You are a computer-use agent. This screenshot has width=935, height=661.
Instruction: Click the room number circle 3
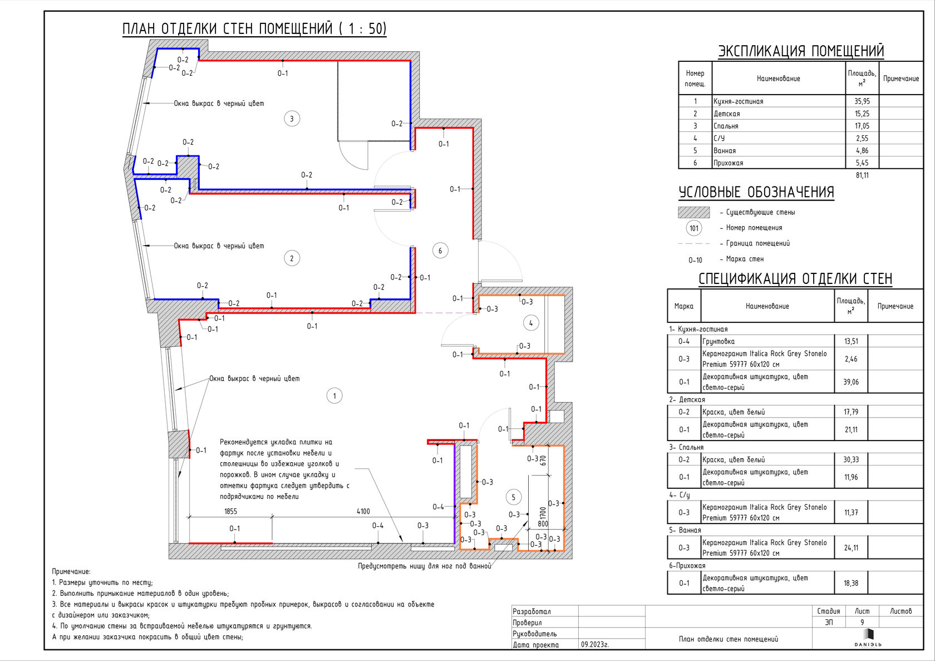(292, 119)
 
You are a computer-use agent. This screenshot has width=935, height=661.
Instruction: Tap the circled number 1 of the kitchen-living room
(334, 396)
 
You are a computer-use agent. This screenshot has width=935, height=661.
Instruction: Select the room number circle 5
(513, 497)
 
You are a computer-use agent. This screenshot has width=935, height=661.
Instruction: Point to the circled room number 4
(531, 323)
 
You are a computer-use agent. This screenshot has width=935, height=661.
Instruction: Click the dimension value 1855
(230, 512)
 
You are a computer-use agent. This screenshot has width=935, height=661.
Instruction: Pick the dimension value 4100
(363, 512)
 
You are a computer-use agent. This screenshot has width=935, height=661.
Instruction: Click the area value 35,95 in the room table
(862, 101)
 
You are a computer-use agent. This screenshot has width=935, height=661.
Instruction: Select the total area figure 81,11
(862, 175)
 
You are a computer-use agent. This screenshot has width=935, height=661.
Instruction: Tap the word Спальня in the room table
(726, 126)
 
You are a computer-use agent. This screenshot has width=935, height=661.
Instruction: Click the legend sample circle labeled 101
(693, 228)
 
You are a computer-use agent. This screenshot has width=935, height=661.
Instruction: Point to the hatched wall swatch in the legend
(693, 212)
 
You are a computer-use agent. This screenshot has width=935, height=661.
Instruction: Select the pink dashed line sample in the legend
(693, 243)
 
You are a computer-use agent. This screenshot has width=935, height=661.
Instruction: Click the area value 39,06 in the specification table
(851, 382)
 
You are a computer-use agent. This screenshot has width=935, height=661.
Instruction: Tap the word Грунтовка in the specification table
(719, 341)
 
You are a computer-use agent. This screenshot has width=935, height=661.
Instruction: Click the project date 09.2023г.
(595, 645)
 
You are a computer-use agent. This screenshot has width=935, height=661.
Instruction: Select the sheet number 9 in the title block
(862, 623)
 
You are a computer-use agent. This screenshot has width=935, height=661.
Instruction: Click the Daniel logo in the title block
(868, 638)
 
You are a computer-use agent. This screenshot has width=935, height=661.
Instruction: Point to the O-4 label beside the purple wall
(439, 507)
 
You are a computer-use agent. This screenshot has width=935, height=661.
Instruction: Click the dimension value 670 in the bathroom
(543, 461)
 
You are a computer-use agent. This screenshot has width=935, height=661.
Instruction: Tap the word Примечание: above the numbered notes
(71, 572)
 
